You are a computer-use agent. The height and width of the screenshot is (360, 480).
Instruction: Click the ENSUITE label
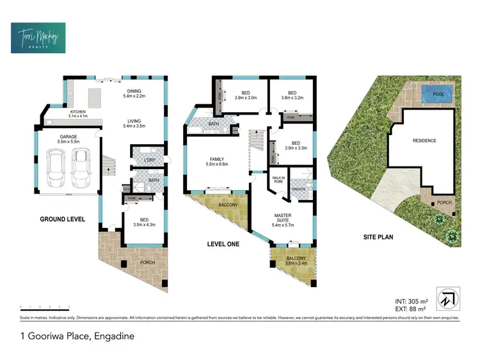tap(298, 190)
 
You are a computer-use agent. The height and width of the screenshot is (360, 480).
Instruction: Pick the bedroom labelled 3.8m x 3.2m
tap(291, 95)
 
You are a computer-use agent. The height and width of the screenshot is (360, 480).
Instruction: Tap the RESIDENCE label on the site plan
tap(424, 140)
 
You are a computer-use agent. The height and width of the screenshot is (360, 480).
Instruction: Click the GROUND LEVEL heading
tap(62, 219)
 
